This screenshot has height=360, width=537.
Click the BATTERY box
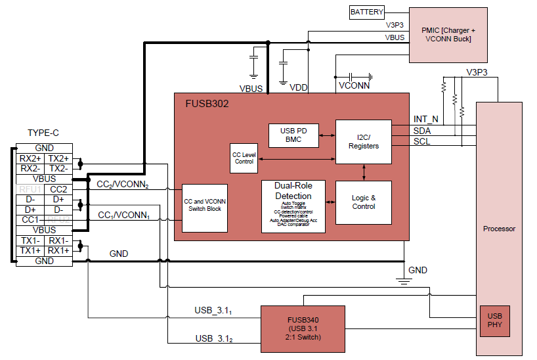point(366,12)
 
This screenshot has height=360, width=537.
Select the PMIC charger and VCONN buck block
point(448,34)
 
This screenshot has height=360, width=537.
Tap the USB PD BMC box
point(293,135)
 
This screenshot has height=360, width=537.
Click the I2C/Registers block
point(363,141)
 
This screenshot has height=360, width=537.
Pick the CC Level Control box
point(244,157)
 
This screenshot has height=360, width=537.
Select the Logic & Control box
point(363,202)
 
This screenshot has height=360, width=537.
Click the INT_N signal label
point(425,119)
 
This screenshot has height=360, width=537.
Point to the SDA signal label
point(422,131)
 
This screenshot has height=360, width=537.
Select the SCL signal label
point(421,142)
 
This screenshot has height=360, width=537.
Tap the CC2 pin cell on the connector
point(58,189)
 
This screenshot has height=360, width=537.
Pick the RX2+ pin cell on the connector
point(30,158)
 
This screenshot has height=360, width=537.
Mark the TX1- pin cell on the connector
point(30,240)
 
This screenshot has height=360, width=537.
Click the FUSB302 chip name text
point(207,104)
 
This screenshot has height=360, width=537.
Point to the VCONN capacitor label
point(354,85)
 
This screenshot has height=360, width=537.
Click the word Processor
point(499,229)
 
